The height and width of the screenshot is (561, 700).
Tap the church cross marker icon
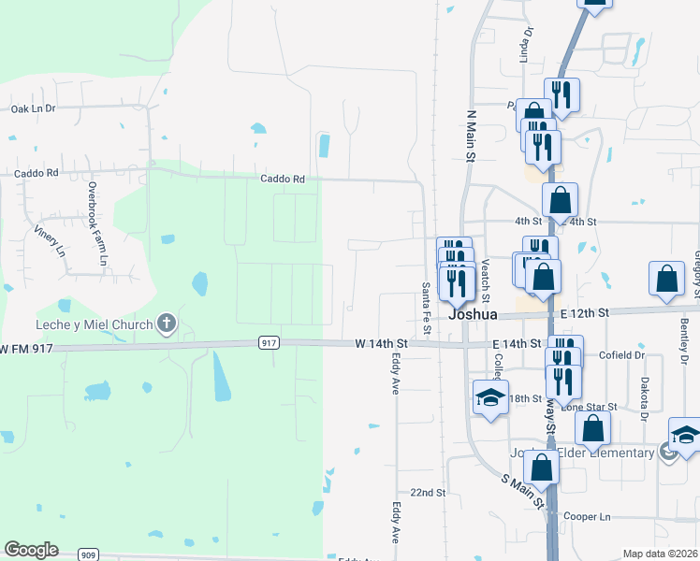click(167, 324)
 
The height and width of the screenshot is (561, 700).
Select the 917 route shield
click(269, 343)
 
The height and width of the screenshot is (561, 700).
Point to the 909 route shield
click(89, 554)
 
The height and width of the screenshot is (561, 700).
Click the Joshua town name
click(472, 315)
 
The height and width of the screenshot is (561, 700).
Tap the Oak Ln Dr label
click(34, 108)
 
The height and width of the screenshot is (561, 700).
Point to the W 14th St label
click(382, 344)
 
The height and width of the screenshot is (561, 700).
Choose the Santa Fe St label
click(426, 309)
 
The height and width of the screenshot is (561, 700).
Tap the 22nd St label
click(427, 492)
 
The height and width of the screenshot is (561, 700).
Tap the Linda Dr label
click(528, 44)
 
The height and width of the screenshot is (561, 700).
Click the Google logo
click(31, 550)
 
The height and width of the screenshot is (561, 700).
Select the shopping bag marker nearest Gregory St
click(665, 279)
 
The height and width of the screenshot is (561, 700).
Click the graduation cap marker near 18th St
click(490, 397)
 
